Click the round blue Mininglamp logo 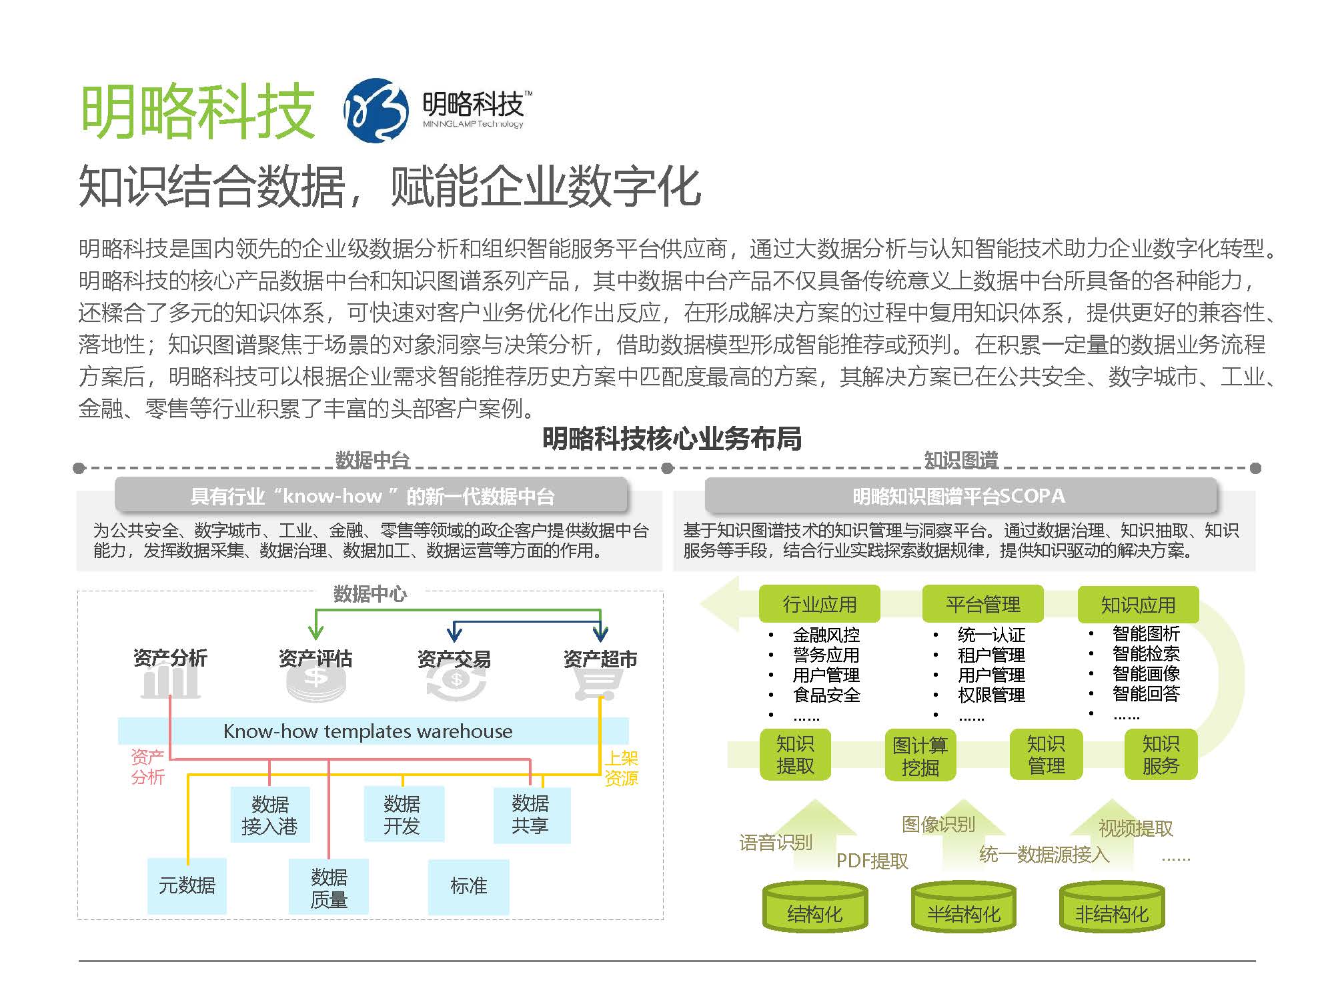point(376,111)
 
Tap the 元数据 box point(187,886)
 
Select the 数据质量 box point(328,886)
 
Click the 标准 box point(468,886)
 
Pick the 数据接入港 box point(269,815)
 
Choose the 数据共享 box point(531,815)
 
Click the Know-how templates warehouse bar point(373,731)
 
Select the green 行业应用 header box point(820,604)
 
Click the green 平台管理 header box point(982,604)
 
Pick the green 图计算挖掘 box point(920,756)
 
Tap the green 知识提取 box point(795,755)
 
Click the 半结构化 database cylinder point(963,907)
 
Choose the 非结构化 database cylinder point(1112,907)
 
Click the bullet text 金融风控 point(826,635)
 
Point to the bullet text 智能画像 point(1146,674)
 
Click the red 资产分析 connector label point(148,767)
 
